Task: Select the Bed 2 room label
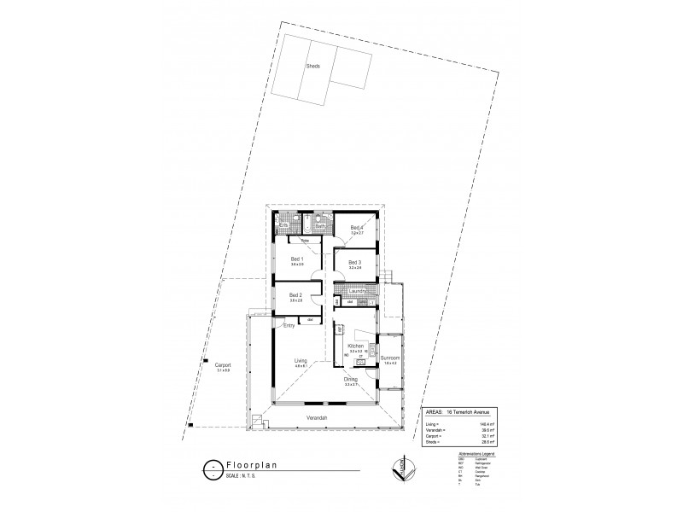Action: pos(295,295)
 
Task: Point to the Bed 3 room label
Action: pos(355,262)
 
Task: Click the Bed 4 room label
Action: pos(357,227)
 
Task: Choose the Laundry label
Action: pos(357,292)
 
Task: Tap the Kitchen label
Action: pos(356,346)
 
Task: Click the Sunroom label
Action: pos(390,358)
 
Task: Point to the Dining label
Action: pos(351,380)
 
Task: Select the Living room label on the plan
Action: pos(301,361)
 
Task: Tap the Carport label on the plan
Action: pos(224,365)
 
